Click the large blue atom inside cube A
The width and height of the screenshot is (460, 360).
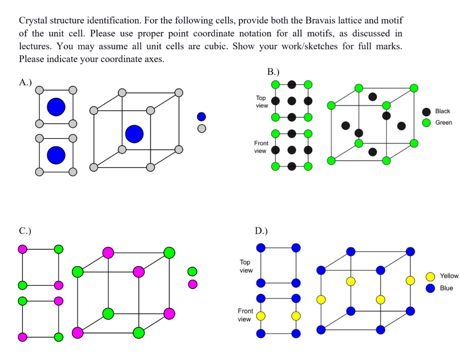click(x=134, y=134)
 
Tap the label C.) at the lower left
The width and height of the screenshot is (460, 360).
click(x=25, y=231)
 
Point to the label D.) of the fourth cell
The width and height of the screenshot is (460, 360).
click(x=261, y=231)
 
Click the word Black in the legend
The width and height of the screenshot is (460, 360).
click(x=442, y=111)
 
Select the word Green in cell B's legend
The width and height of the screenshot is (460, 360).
click(x=444, y=122)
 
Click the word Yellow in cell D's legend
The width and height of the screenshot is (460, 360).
click(x=449, y=276)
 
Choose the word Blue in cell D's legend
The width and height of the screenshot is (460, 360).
click(x=447, y=288)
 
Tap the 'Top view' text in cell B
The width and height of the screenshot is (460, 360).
click(x=261, y=102)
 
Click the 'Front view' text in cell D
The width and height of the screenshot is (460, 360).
click(x=245, y=315)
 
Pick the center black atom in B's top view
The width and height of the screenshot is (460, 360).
click(x=292, y=101)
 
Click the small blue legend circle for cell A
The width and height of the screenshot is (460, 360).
click(x=202, y=116)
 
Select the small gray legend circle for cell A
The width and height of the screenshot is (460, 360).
click(x=202, y=129)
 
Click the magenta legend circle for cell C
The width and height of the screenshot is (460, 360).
click(x=193, y=284)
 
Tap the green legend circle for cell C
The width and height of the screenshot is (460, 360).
click(x=193, y=271)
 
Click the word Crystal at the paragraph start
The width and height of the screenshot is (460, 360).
click(x=32, y=21)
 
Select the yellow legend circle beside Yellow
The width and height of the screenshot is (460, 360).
click(x=430, y=276)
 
